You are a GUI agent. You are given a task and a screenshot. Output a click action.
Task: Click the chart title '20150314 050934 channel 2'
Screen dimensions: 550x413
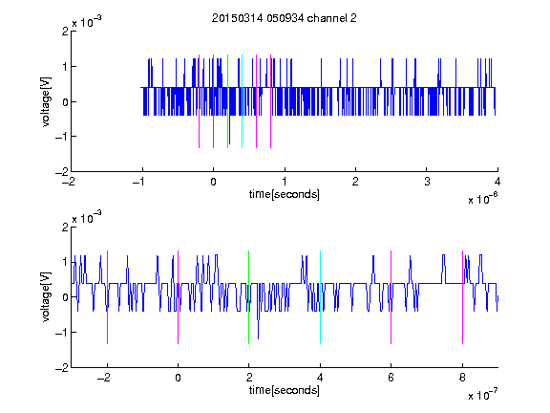(285, 18)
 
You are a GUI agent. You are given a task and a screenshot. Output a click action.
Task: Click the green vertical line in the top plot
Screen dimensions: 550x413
(227, 101)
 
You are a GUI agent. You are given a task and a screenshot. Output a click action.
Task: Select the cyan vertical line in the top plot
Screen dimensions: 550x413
(242, 101)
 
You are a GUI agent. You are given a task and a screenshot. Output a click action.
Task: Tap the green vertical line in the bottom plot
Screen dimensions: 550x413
(248, 297)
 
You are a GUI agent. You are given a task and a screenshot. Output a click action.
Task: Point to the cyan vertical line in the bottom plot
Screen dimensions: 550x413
(320, 297)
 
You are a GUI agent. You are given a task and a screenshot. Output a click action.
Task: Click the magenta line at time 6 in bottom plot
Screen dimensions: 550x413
(391, 297)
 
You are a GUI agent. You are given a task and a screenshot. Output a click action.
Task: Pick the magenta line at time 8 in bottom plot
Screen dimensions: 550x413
(463, 297)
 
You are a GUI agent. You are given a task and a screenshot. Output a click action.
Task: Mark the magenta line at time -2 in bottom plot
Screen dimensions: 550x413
(107, 297)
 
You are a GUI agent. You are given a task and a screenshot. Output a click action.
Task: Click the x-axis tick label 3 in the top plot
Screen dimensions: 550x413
(427, 182)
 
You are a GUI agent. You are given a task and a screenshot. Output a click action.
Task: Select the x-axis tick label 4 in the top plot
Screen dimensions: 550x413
(497, 182)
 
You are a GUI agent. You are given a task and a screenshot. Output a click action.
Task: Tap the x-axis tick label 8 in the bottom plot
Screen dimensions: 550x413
(463, 378)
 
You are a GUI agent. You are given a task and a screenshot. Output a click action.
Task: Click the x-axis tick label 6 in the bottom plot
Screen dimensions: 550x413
(391, 378)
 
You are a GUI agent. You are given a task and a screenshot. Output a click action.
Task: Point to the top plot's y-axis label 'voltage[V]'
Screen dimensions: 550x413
(46, 101)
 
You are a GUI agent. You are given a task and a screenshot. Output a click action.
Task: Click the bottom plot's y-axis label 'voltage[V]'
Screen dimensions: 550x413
(46, 296)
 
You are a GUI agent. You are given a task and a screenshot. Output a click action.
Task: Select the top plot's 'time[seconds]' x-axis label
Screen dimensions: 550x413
(285, 194)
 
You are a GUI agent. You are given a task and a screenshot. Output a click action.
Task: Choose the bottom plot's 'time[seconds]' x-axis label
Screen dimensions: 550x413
(285, 390)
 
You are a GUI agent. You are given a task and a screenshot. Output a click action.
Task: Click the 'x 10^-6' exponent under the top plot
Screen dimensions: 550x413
(482, 199)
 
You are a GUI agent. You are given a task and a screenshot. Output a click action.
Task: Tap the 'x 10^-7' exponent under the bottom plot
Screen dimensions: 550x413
(482, 395)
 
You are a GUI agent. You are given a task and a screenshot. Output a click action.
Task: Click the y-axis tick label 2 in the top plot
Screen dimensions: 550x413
(65, 32)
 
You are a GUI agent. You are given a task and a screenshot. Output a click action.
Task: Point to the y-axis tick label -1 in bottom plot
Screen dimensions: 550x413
(62, 333)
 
